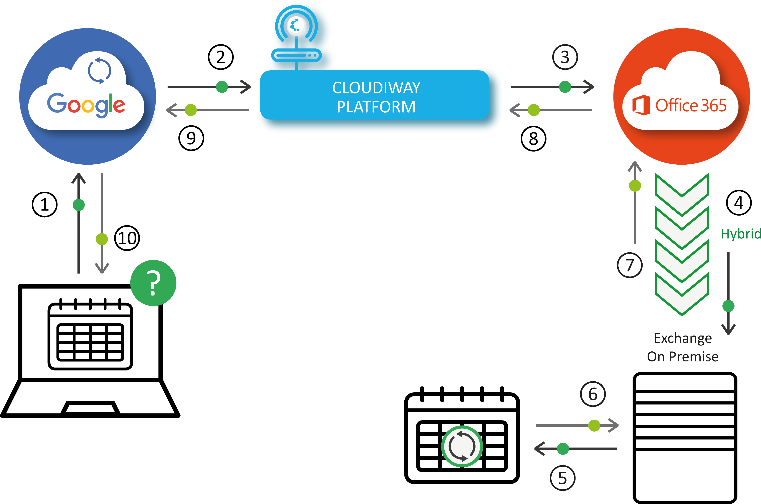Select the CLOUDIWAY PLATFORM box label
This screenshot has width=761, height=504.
tap(376, 97)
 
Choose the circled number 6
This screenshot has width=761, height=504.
tap(593, 394)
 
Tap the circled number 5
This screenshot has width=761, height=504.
tap(562, 478)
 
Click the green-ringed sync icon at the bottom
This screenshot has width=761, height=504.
tap(462, 446)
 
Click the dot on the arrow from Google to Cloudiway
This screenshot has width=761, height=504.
tap(222, 87)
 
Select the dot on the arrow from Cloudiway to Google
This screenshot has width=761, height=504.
tap(191, 110)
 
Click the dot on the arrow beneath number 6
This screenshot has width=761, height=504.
tap(594, 425)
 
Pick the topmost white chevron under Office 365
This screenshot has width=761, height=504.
tap(682, 193)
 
